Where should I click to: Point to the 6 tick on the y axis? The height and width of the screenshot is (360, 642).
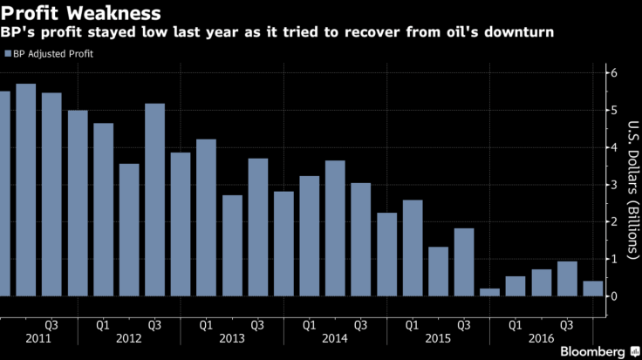(x=614, y=73)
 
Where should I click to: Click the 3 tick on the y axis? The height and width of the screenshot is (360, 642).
(x=614, y=185)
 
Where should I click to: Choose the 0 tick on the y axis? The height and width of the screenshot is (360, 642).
(x=614, y=296)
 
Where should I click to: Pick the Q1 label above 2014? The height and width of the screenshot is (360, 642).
(x=309, y=323)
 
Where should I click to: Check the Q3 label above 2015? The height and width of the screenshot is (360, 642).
(x=463, y=323)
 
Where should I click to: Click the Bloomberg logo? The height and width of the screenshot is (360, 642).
(x=591, y=350)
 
